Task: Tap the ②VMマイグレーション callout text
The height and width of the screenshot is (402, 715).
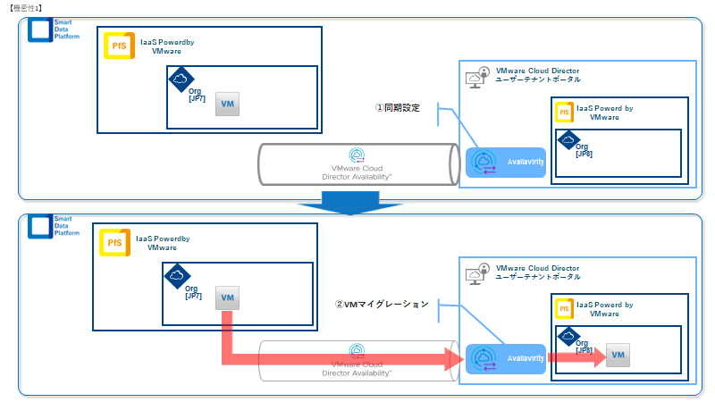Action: [382, 304]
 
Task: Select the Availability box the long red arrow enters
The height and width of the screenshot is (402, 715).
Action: [506, 358]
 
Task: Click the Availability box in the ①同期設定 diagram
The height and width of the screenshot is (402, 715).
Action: [506, 162]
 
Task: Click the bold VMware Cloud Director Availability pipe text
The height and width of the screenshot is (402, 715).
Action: [357, 172]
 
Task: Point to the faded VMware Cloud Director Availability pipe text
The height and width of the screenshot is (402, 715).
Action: [357, 369]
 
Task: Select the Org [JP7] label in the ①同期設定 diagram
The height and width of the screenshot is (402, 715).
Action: [197, 95]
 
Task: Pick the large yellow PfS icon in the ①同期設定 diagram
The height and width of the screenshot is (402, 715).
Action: [118, 46]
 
